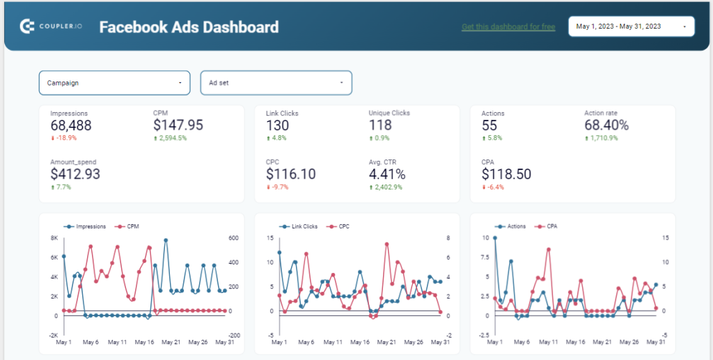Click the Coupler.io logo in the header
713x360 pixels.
pyautogui.click(x=50, y=26)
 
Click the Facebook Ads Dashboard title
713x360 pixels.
pyautogui.click(x=189, y=27)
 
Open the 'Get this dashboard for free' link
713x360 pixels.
pyautogui.click(x=508, y=27)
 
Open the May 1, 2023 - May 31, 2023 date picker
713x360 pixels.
pyautogui.click(x=631, y=27)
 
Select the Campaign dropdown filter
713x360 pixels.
pyautogui.click(x=115, y=83)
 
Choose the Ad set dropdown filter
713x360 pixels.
pyautogui.click(x=276, y=83)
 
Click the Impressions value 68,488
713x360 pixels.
pyautogui.click(x=71, y=125)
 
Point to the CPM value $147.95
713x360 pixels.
pyautogui.click(x=178, y=125)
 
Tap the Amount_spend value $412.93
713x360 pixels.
pyautogui.click(x=75, y=174)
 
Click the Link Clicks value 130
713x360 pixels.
pyautogui.click(x=278, y=125)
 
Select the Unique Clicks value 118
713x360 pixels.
pyautogui.click(x=380, y=125)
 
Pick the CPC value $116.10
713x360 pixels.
pyautogui.click(x=291, y=174)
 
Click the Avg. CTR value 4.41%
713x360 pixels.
pyautogui.click(x=387, y=174)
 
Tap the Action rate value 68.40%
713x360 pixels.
pyautogui.click(x=606, y=125)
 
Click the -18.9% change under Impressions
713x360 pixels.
pyautogui.click(x=66, y=138)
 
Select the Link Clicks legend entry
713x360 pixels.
pyautogui.click(x=300, y=226)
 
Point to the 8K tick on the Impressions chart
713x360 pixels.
pyautogui.click(x=53, y=238)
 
